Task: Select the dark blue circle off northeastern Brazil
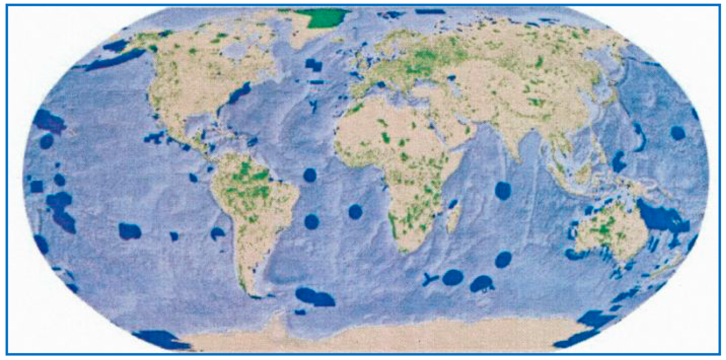(310, 175)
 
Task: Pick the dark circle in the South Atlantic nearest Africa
(355, 212)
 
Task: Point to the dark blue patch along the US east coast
(239, 93)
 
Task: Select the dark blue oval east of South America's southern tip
(314, 297)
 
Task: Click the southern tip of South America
(255, 296)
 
